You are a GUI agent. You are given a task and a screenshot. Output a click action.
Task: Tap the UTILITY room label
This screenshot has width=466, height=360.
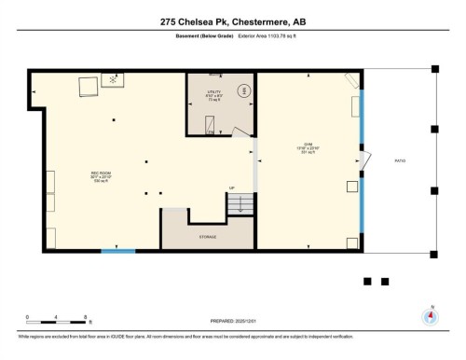click(212, 96)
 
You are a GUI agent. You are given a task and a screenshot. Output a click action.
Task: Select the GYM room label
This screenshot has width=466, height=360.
click(307, 148)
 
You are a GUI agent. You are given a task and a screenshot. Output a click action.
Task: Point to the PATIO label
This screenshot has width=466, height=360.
click(400, 161)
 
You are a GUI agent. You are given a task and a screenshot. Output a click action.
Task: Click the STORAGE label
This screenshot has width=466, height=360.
click(207, 237)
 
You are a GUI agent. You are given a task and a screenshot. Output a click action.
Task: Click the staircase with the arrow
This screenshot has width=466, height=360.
click(241, 203)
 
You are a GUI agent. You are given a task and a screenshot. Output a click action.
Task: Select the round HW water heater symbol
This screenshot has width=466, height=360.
click(244, 90)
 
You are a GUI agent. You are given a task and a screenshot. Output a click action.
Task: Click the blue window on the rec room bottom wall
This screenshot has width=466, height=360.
click(117, 251)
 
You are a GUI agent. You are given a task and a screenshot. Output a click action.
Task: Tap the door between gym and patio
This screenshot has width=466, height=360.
click(366, 162)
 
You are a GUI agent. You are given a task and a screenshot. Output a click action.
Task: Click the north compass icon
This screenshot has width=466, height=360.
click(430, 315)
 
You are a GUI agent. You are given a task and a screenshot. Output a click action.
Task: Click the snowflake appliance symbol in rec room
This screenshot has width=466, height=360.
click(114, 80)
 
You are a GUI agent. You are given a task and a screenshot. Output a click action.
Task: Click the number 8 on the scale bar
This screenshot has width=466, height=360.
click(86, 317)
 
